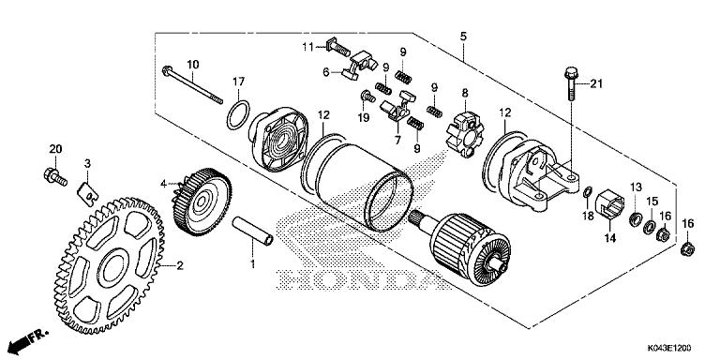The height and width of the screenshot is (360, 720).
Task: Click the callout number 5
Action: coord(462,36)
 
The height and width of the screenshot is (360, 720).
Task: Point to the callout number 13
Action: coord(635,187)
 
